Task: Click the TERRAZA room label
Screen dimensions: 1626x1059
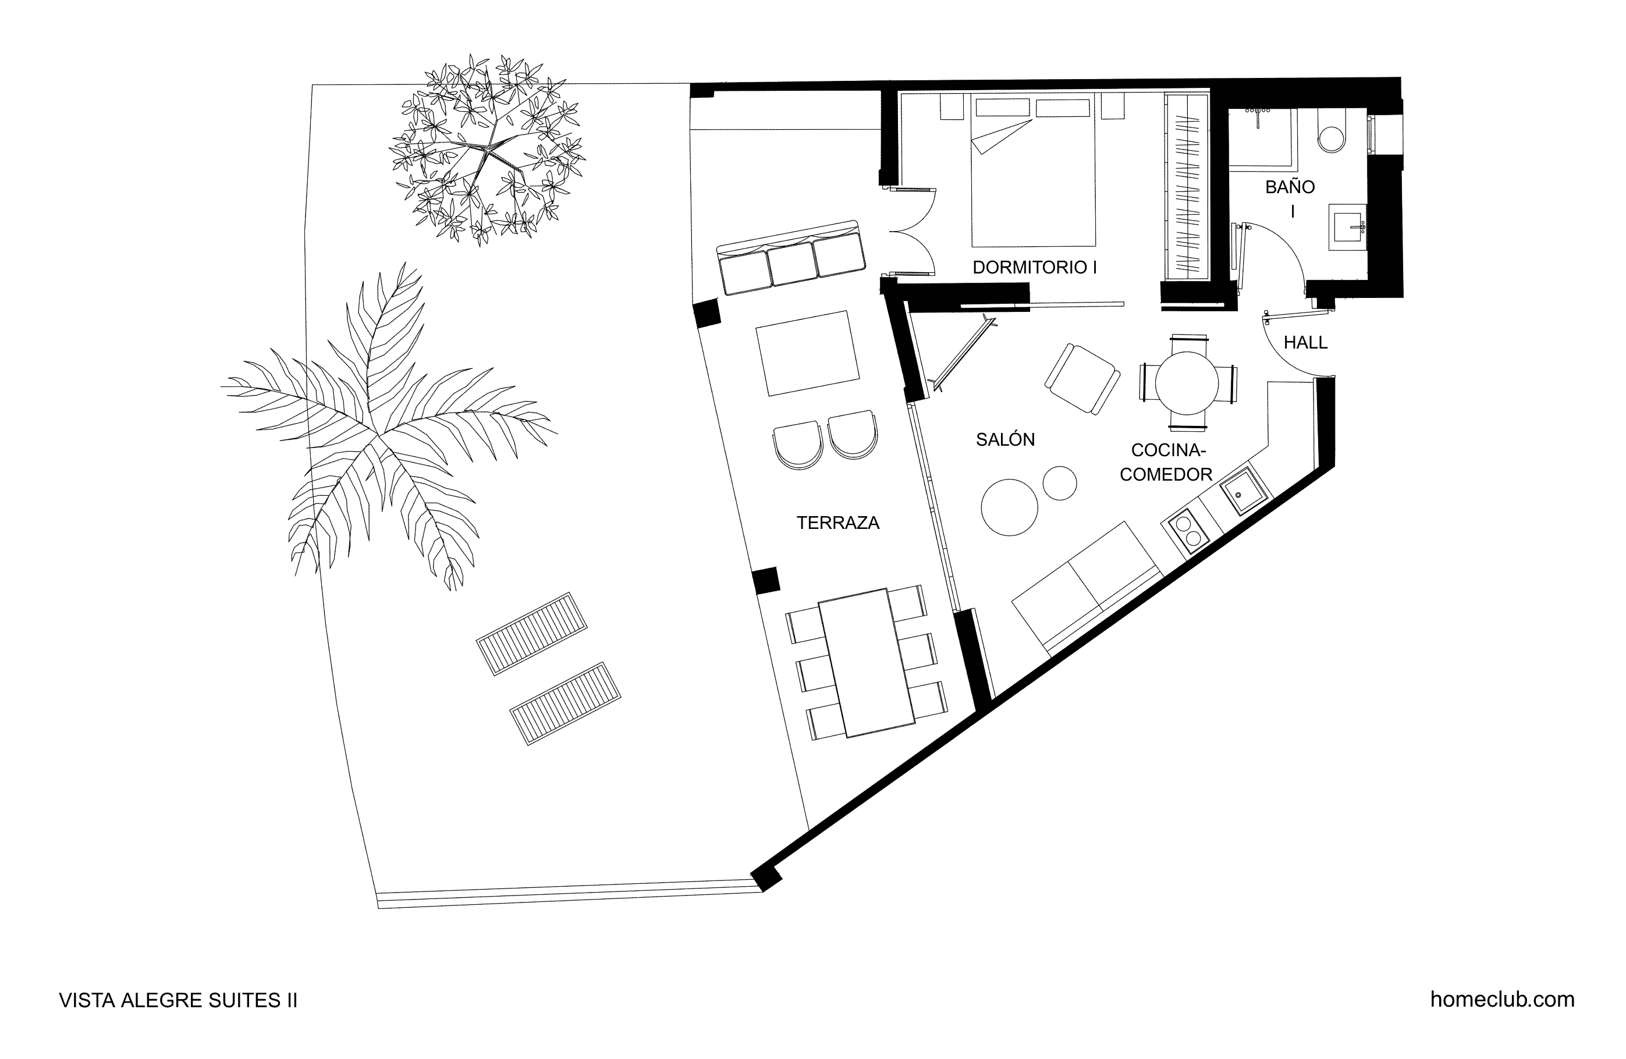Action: pyautogui.click(x=837, y=523)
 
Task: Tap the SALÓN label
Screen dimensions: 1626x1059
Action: pyautogui.click(x=1005, y=439)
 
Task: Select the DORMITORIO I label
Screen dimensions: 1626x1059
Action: pyautogui.click(x=1034, y=267)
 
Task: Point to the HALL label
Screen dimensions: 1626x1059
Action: pyautogui.click(x=1305, y=342)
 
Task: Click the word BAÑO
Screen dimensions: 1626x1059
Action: pyautogui.click(x=1290, y=187)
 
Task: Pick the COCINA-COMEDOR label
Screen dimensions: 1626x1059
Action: pyautogui.click(x=1166, y=462)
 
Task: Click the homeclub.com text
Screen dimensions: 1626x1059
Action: pyautogui.click(x=1503, y=1000)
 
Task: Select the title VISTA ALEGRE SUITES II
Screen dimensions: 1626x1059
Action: pyautogui.click(x=178, y=1000)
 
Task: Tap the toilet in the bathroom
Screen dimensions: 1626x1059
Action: pyautogui.click(x=1332, y=132)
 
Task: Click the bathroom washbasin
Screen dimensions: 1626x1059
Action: pyautogui.click(x=1348, y=227)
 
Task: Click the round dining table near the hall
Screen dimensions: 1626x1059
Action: pyautogui.click(x=1186, y=383)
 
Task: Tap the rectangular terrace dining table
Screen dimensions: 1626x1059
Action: pyautogui.click(x=867, y=662)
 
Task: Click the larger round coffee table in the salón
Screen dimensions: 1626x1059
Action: pyautogui.click(x=1009, y=507)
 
